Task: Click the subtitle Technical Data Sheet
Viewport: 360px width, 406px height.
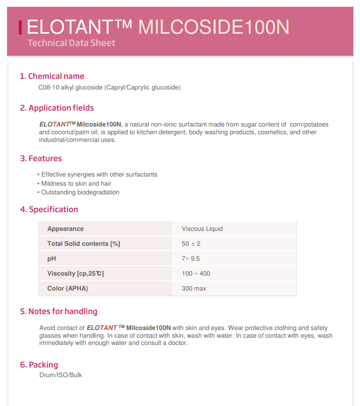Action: click(x=71, y=43)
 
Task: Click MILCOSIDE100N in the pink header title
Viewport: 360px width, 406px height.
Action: click(x=214, y=27)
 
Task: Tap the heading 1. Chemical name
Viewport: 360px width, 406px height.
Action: click(x=52, y=76)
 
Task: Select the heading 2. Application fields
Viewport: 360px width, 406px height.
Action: click(x=57, y=108)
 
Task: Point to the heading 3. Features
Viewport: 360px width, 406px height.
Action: click(x=41, y=158)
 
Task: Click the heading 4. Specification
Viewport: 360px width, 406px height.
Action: click(x=49, y=209)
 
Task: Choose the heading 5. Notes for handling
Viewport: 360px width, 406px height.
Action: click(x=59, y=311)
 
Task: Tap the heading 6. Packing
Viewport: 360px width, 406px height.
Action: click(x=39, y=365)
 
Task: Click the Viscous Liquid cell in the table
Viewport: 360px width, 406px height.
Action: click(x=202, y=229)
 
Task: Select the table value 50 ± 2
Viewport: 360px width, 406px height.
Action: click(x=191, y=244)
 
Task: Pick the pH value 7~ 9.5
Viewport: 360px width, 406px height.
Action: click(x=191, y=259)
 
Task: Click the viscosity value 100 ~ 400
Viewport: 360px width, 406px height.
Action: click(x=196, y=274)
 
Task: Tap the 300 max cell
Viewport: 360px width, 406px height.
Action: click(x=194, y=289)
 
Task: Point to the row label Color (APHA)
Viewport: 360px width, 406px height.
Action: click(x=67, y=289)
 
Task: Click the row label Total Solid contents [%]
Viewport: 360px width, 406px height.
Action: click(x=84, y=244)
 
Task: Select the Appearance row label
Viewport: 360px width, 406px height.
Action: click(x=65, y=229)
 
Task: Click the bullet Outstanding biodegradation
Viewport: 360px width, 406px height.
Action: click(x=80, y=192)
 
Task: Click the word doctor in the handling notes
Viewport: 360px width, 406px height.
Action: click(x=177, y=343)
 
